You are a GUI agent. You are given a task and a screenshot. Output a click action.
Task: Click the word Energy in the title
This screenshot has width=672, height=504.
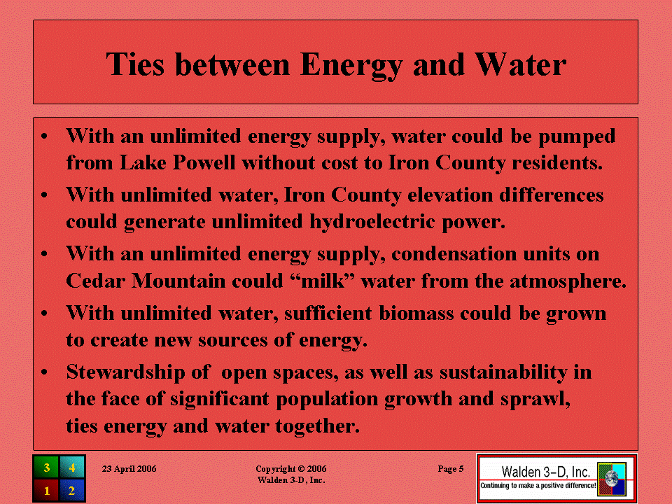pyautogui.click(x=351, y=66)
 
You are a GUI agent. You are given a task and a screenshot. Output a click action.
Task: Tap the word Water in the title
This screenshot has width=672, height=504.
pyautogui.click(x=521, y=64)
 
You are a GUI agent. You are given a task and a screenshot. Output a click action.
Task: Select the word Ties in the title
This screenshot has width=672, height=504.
pyautogui.click(x=135, y=64)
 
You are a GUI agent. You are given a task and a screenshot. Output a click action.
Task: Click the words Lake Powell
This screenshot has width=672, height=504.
pyautogui.click(x=177, y=162)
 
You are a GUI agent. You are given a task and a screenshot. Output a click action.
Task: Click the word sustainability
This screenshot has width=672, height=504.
pyautogui.click(x=503, y=372)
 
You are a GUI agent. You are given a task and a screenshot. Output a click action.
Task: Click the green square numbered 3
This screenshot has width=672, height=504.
pyautogui.click(x=46, y=467)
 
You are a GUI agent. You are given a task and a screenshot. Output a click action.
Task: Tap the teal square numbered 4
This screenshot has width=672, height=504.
pyautogui.click(x=72, y=467)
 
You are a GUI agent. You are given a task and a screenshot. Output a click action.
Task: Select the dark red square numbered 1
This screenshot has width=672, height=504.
pyautogui.click(x=46, y=490)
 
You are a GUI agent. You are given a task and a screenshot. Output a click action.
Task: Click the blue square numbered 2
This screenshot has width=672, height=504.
pyautogui.click(x=72, y=490)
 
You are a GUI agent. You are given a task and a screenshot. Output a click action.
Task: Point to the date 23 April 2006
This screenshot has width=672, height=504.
pyautogui.click(x=129, y=469)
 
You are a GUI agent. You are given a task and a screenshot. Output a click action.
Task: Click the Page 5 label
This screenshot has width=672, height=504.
pyautogui.click(x=451, y=469)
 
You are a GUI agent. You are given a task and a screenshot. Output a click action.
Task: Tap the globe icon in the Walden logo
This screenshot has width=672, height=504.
pyautogui.click(x=612, y=478)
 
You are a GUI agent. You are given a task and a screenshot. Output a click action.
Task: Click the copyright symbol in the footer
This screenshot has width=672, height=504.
pyautogui.click(x=301, y=469)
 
